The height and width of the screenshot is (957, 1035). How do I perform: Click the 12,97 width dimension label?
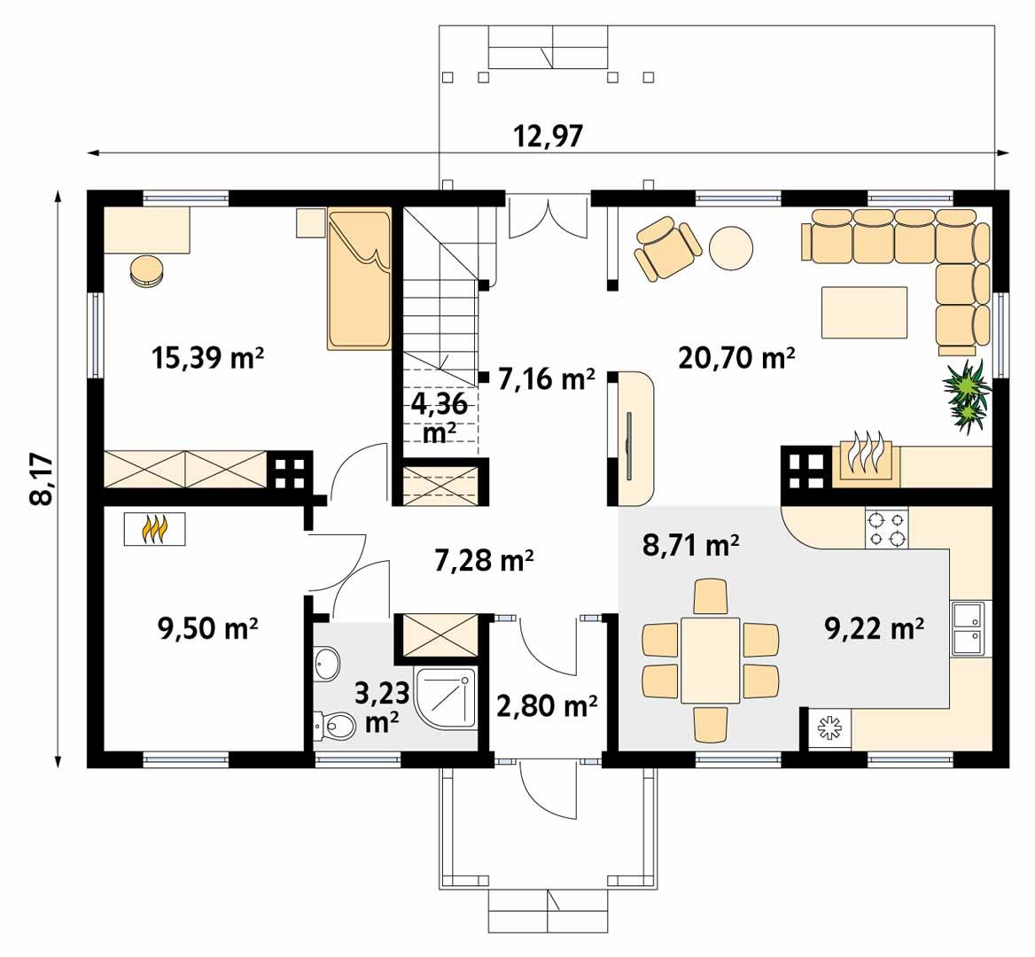pos(548,136)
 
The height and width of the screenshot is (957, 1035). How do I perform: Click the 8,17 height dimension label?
pos(41,479)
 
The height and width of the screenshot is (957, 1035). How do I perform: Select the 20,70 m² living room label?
pos(735,358)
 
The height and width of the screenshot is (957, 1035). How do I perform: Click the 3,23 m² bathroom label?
pos(381,706)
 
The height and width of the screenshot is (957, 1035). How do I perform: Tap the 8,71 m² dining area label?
pos(690,546)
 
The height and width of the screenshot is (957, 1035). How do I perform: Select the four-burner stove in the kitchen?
pos(886,528)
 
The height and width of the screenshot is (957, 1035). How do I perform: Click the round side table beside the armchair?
pos(731,248)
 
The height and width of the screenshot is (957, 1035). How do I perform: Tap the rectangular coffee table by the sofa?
pos(864,313)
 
